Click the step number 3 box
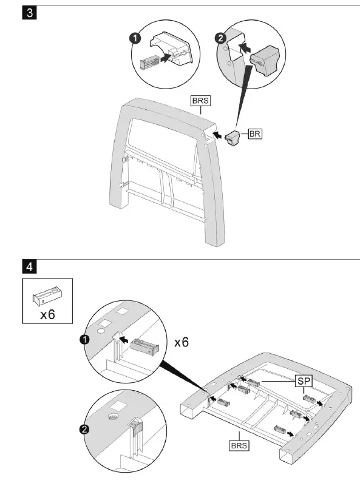tap(28, 13)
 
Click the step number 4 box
tap(28, 265)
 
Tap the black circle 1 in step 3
tap(136, 38)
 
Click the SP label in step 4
tap(304, 380)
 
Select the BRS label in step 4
tap(239, 445)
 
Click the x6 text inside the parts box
tap(47, 314)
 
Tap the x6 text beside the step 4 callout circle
tap(182, 342)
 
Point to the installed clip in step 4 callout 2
tap(134, 428)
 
